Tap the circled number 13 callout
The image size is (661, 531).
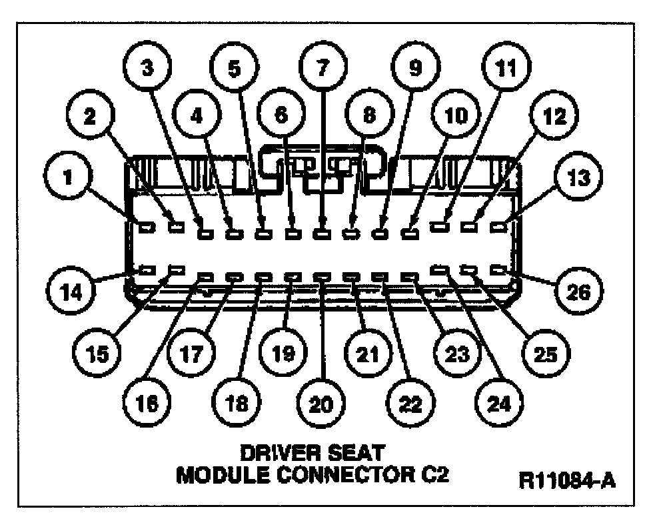[575, 178]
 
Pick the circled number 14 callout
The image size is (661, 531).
[69, 291]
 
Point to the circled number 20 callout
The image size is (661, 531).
[323, 402]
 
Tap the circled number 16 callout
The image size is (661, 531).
[148, 402]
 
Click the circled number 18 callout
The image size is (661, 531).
[235, 402]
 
